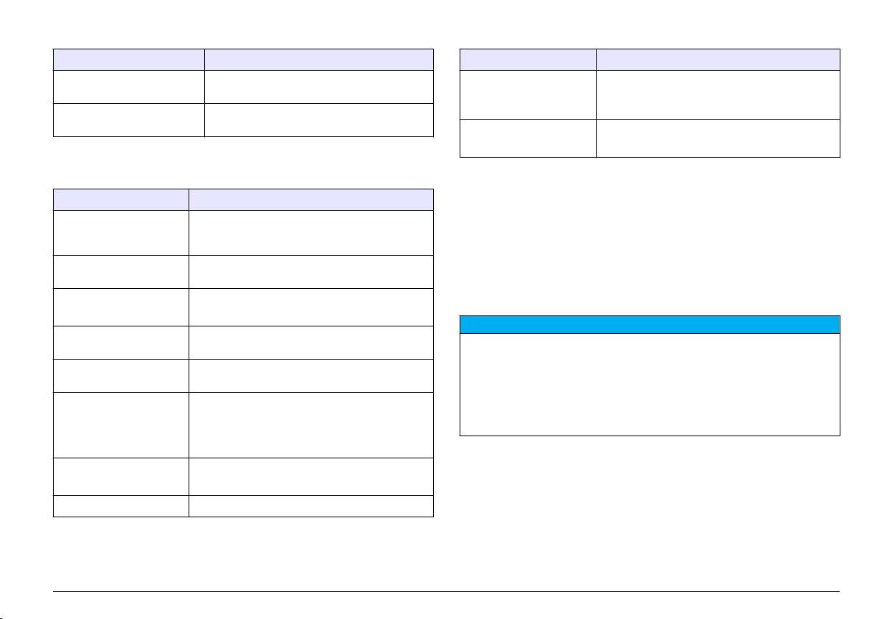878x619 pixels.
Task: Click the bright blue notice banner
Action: [650, 325]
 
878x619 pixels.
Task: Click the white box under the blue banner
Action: [650, 385]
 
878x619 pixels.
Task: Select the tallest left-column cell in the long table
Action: [121, 425]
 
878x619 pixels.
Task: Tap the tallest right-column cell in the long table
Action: [311, 425]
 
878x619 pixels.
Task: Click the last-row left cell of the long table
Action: [121, 506]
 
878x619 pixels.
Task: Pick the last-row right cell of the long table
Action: [311, 506]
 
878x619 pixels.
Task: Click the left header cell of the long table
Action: [121, 199]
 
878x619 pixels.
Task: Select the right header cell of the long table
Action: [311, 199]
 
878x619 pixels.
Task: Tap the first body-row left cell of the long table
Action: [121, 232]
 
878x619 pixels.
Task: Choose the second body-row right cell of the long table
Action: [311, 272]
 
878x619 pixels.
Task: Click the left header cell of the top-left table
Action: [128, 60]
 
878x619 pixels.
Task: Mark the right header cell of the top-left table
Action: [318, 60]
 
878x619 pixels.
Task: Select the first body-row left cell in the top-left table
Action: [128, 87]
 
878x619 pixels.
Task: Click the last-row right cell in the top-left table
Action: [318, 119]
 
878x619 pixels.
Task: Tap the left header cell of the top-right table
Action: [527, 60]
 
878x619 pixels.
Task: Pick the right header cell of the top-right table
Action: [718, 60]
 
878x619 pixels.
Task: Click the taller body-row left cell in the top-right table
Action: [527, 95]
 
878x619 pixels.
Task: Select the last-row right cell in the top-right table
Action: [718, 138]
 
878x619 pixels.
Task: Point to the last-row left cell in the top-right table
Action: [527, 138]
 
